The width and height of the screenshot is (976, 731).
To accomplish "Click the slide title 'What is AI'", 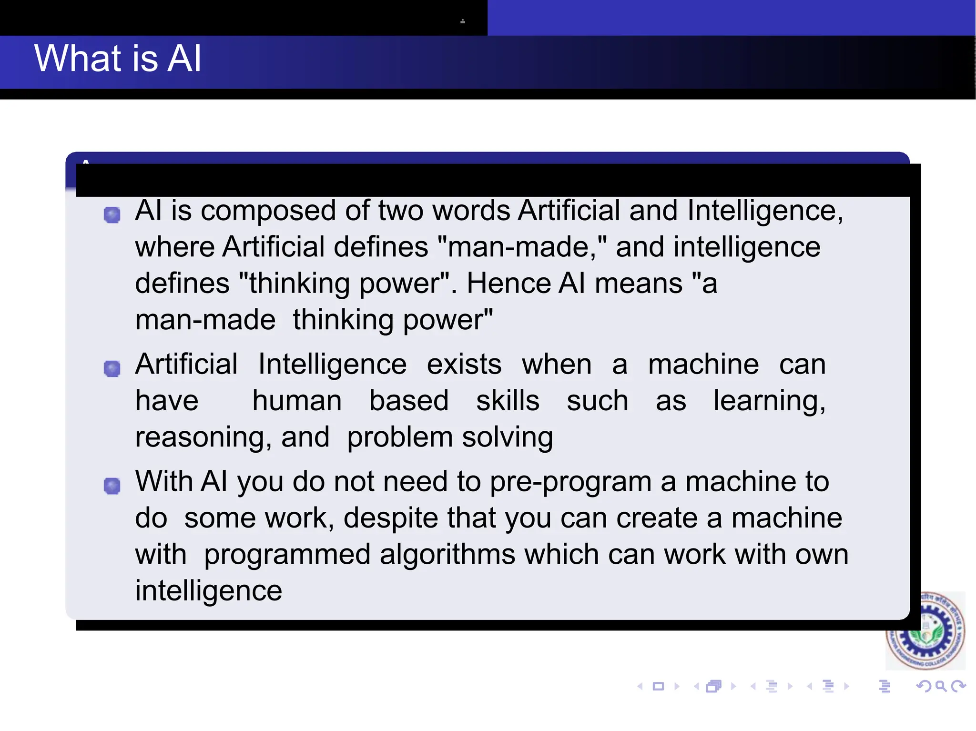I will [118, 58].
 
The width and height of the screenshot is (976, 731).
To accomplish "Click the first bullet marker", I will [112, 215].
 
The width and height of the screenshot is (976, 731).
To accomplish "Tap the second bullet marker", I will [112, 368].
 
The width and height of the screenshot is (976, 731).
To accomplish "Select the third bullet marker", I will [112, 486].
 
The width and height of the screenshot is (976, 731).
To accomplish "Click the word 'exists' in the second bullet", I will [464, 365].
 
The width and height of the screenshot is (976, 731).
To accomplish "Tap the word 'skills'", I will [508, 401].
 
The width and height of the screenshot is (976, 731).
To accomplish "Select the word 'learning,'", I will [769, 402].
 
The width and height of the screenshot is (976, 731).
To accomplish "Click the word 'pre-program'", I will [570, 482].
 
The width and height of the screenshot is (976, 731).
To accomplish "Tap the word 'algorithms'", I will [447, 555].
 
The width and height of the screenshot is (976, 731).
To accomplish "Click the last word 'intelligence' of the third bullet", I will [209, 591].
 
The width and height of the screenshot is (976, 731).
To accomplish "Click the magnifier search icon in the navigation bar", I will [941, 686].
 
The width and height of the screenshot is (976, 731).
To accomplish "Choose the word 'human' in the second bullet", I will [297, 401].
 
